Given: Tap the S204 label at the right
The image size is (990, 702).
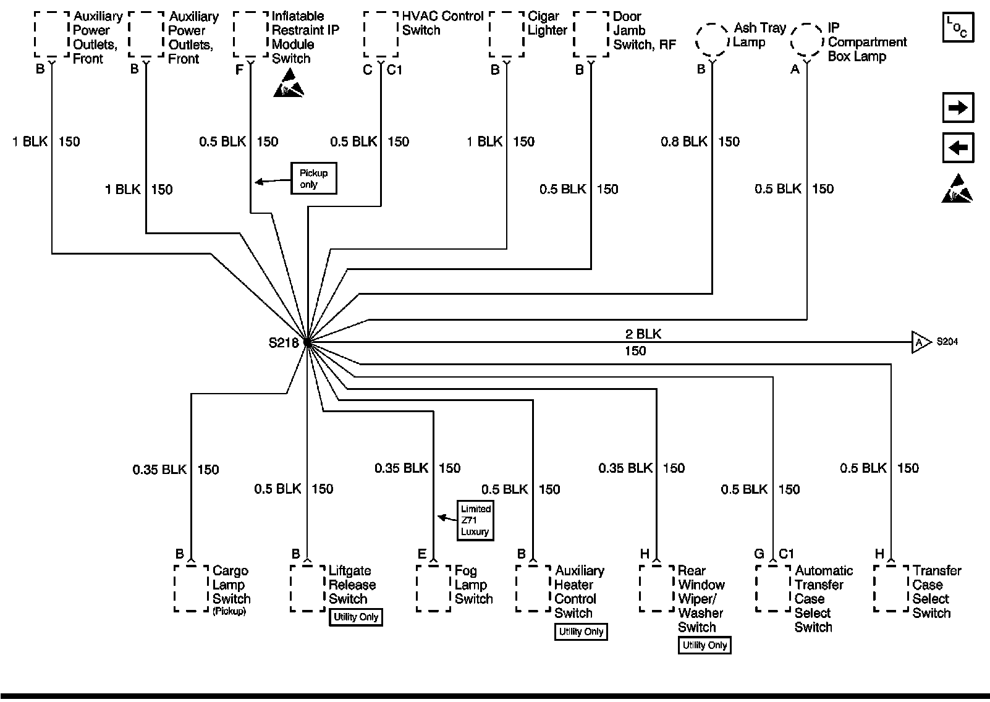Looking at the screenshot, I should [947, 342].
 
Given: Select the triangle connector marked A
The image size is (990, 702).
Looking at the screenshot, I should [920, 342].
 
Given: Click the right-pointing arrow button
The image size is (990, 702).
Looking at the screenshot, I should [957, 108].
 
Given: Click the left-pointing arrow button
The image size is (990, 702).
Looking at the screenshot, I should [957, 148].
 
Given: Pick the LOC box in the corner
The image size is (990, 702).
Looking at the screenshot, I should [957, 27].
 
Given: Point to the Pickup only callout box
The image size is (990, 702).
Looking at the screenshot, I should [313, 179].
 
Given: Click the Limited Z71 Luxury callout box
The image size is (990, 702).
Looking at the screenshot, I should [475, 520].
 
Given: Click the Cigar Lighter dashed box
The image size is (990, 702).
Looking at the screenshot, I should [507, 35].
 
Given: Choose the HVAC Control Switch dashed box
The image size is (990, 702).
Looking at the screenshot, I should [381, 35].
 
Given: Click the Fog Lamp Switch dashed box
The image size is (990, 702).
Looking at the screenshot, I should [433, 588].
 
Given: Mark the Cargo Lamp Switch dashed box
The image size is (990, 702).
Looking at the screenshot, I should [191, 588].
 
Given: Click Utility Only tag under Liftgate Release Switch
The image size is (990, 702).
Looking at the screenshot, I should [356, 617].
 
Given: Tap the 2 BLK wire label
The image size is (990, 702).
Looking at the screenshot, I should [643, 334].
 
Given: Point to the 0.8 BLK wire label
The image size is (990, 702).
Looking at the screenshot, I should [683, 142].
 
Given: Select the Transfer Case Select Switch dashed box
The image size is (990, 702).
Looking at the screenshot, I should [891, 588].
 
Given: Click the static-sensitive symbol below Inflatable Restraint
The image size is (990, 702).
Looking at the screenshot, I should [289, 84].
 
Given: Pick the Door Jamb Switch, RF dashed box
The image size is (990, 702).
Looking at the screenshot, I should [591, 35].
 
